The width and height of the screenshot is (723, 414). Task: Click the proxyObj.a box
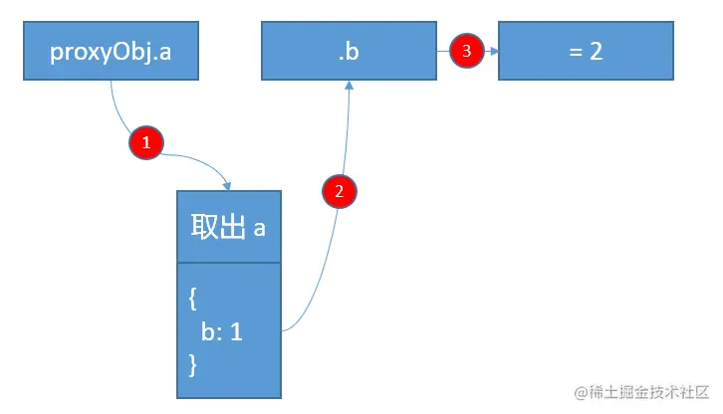click(111, 52)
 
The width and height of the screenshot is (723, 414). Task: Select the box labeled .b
click(349, 52)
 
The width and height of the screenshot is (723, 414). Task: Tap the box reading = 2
click(586, 52)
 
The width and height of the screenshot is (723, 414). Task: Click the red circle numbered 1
click(146, 142)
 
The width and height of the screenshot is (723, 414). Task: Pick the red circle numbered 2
click(340, 192)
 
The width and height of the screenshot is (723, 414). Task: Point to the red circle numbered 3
click(466, 51)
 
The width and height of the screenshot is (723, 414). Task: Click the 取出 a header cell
click(229, 227)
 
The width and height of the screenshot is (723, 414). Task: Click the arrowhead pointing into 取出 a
click(229, 187)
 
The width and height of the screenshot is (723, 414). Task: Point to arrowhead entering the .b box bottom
click(350, 86)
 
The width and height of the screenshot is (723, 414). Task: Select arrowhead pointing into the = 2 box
click(493, 51)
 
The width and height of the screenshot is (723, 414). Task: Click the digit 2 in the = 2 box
click(596, 52)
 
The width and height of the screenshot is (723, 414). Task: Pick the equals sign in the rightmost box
click(575, 52)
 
